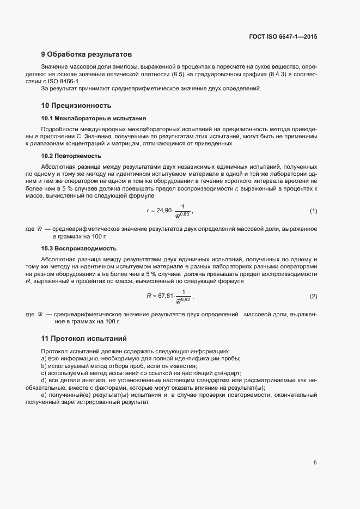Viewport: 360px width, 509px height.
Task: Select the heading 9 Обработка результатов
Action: click(86, 54)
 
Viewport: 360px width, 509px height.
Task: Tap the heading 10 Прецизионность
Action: click(76, 106)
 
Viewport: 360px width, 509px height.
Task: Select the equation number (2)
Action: click(313, 296)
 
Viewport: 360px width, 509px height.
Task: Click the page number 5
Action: click(315, 463)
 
